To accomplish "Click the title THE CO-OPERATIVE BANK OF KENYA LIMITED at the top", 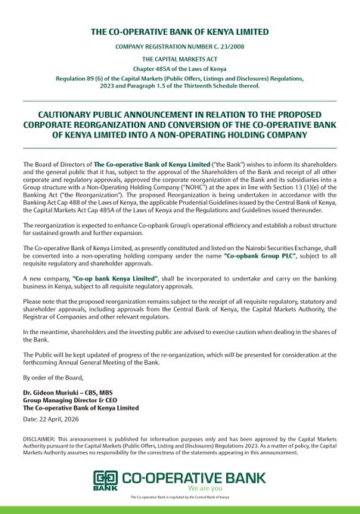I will (179, 33).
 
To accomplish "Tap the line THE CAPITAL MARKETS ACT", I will (179, 59).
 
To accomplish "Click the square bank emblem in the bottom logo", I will (107, 479).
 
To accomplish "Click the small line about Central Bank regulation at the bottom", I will (179, 497).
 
